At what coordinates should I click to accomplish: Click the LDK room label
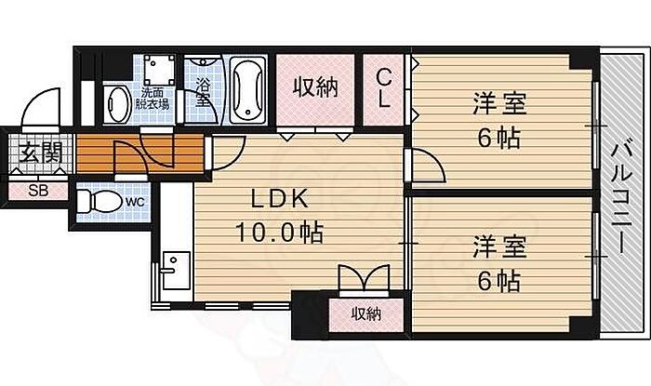pos(280,199)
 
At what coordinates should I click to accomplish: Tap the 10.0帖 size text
pos(279,233)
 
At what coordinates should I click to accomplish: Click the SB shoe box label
pos(38,191)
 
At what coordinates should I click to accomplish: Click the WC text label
pos(136,202)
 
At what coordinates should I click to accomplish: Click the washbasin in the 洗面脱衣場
pos(117,104)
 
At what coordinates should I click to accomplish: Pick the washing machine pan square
pos(159,70)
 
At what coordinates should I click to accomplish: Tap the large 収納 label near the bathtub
pos(316,87)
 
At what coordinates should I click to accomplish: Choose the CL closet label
pos(383,88)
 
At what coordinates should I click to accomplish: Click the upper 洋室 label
pos(499,104)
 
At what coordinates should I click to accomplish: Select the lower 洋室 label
pos(499,247)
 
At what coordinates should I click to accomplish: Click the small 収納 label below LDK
pos(366,314)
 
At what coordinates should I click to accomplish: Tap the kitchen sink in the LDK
pos(176,270)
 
